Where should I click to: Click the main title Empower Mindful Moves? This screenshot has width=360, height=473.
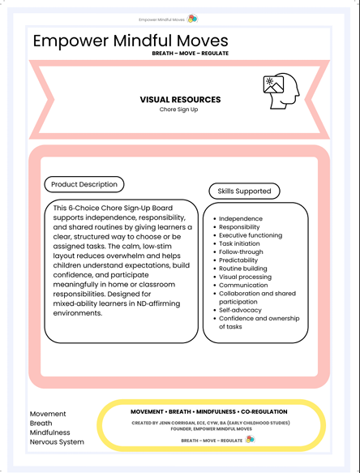tap(131, 41)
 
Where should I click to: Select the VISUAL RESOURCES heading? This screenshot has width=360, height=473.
tap(180, 100)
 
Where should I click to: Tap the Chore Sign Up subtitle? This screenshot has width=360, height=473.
tap(179, 110)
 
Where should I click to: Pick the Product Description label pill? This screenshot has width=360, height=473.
tap(84, 185)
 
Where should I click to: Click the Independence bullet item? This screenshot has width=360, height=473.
tap(241, 219)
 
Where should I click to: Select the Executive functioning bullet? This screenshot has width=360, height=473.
tap(251, 235)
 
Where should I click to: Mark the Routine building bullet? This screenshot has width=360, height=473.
tap(243, 269)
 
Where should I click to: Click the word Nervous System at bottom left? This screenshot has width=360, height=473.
tap(57, 442)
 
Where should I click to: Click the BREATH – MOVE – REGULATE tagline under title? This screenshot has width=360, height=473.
tap(190, 54)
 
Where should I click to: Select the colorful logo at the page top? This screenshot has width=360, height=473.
tap(192, 18)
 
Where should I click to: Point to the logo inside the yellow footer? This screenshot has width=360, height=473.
tap(250, 439)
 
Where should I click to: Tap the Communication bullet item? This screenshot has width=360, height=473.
tap(244, 286)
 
